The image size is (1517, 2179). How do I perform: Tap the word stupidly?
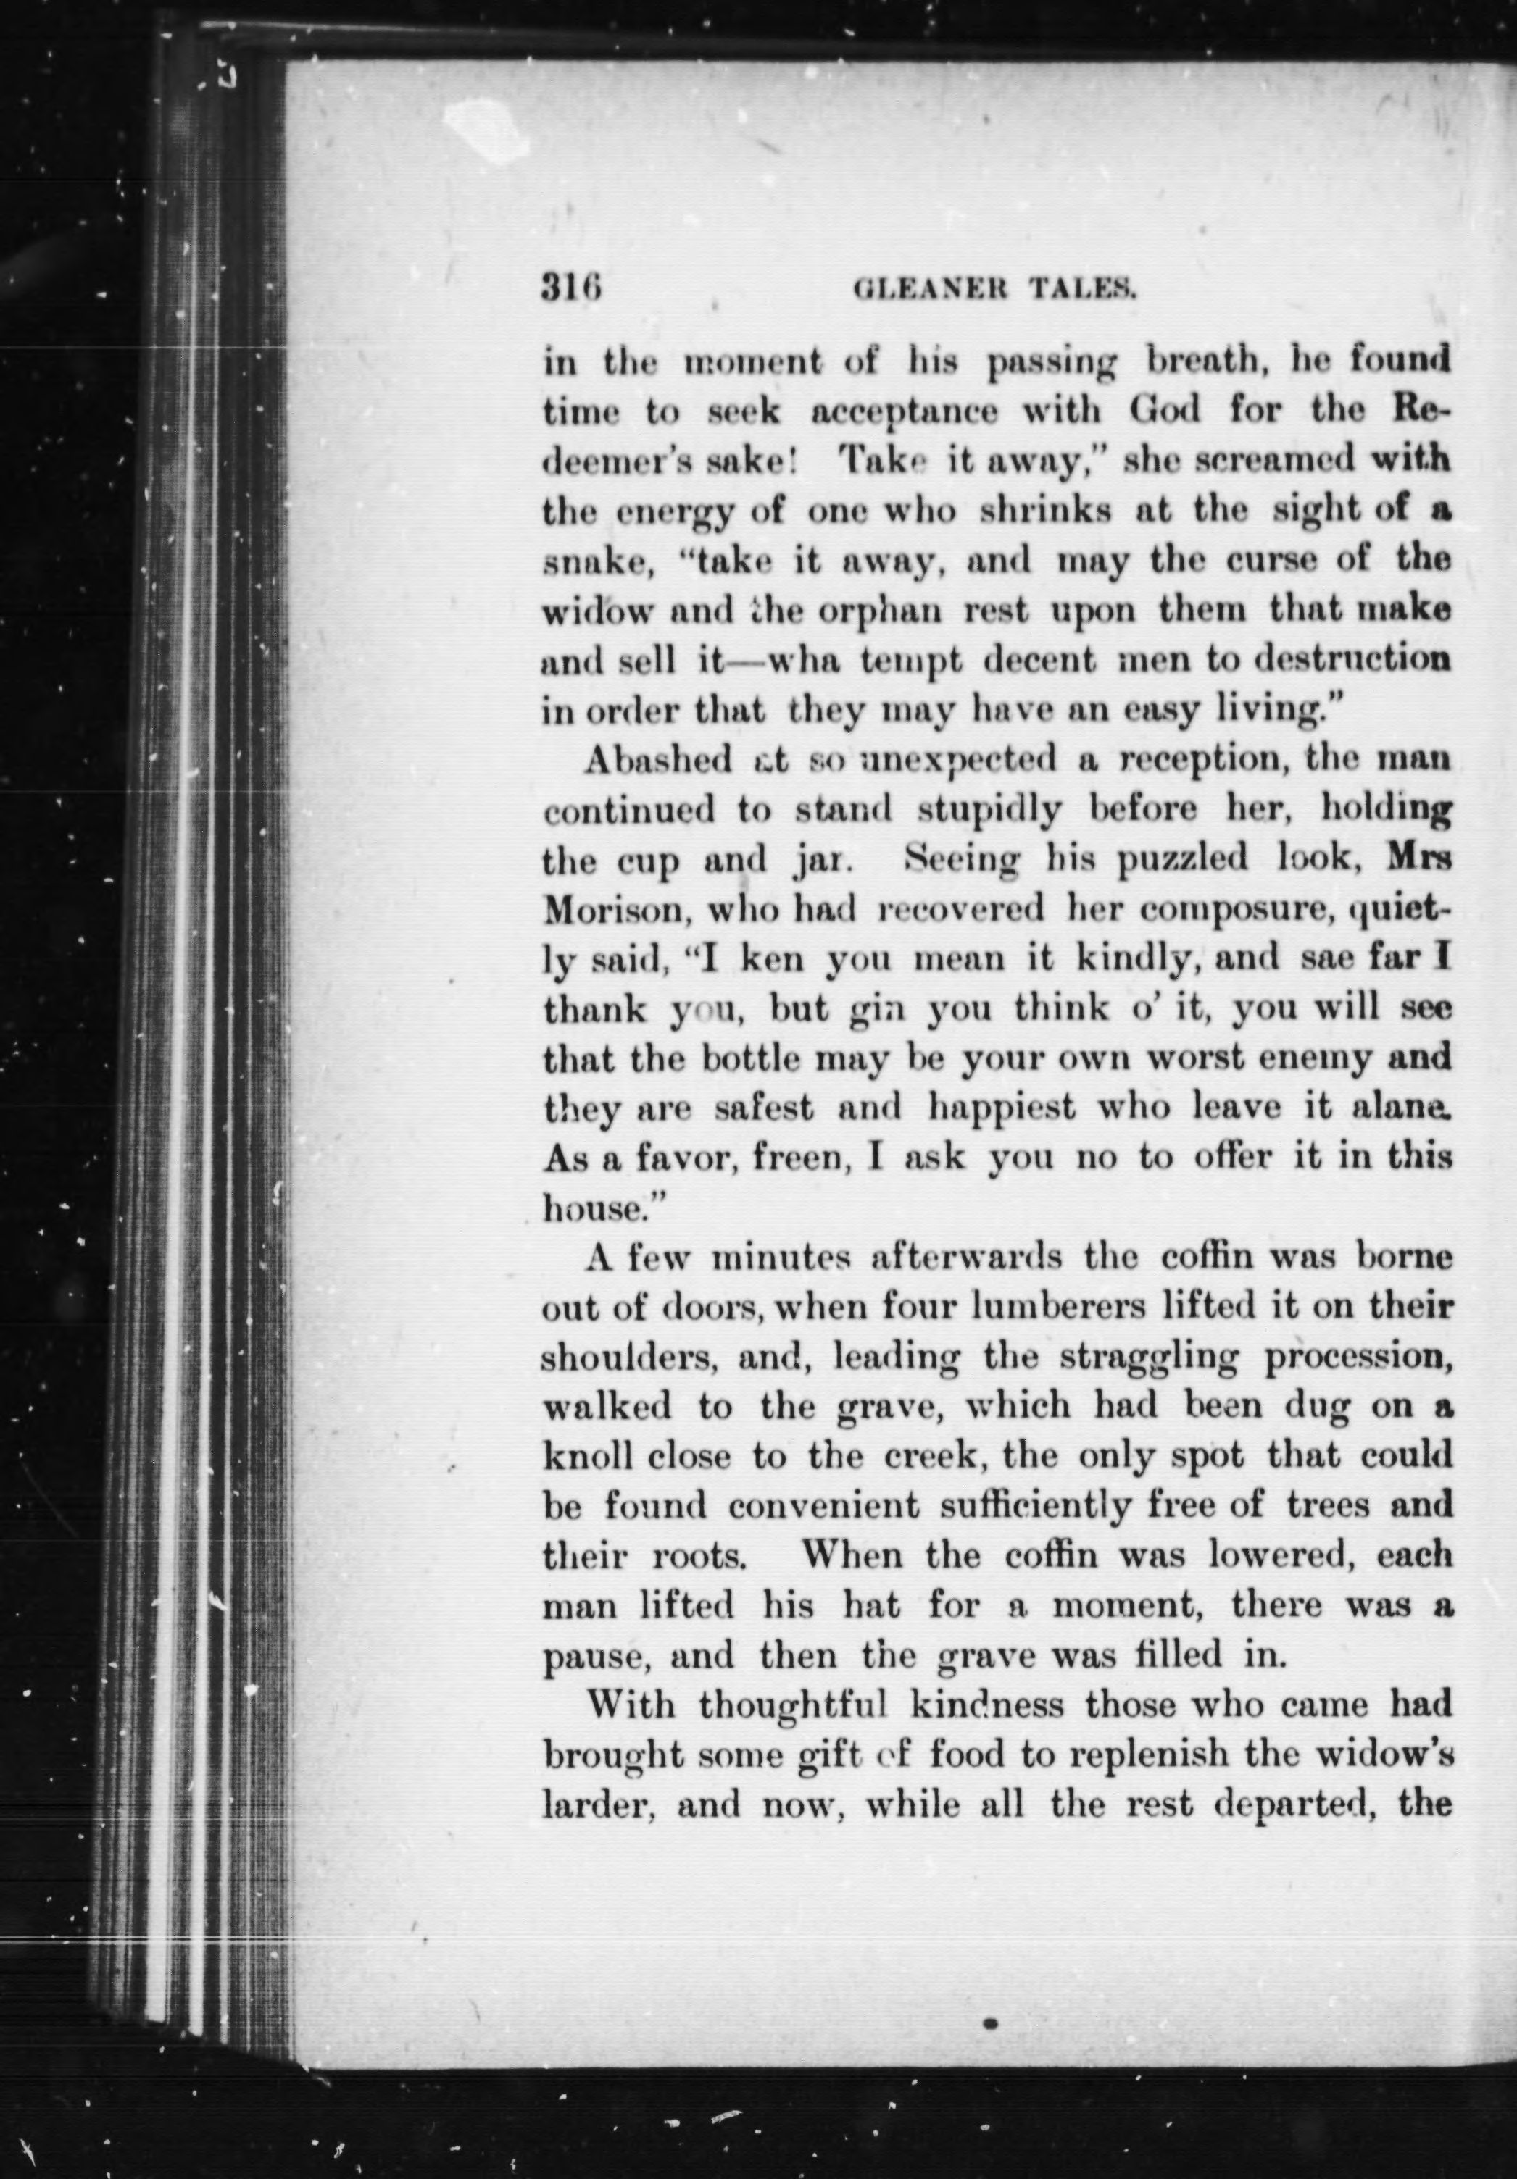[x=994, y=811]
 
